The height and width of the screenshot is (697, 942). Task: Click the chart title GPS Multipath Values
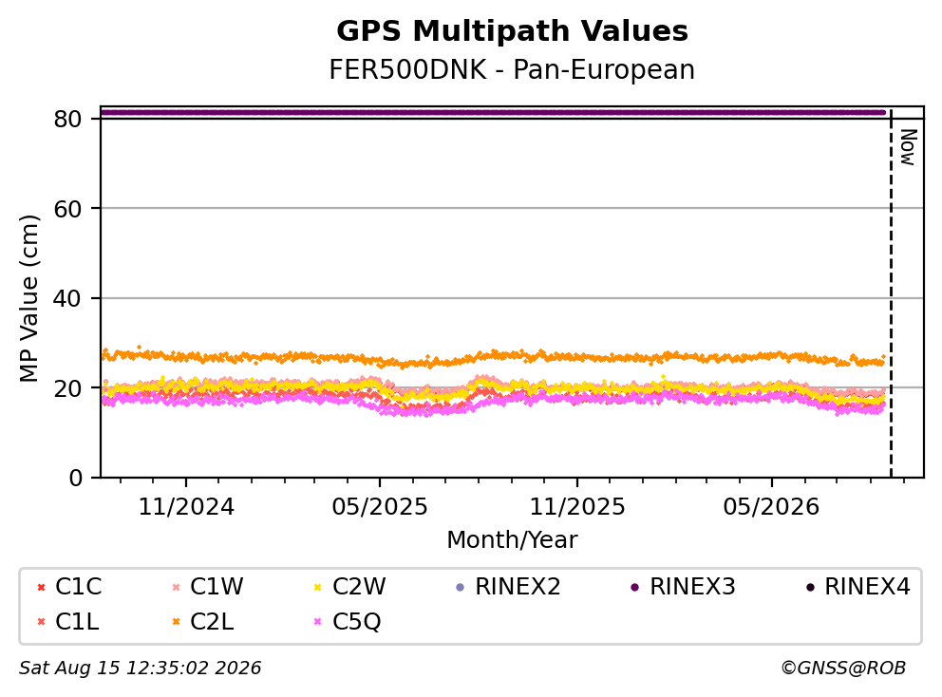click(x=512, y=31)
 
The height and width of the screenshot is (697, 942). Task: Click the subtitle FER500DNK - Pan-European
click(x=512, y=69)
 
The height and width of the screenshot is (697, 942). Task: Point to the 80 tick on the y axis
click(x=67, y=119)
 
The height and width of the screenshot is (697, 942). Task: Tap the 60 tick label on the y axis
click(x=67, y=209)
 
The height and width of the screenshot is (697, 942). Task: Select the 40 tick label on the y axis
click(x=67, y=298)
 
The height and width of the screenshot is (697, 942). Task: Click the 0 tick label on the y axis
click(x=76, y=478)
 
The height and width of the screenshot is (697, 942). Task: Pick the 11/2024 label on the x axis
click(x=186, y=507)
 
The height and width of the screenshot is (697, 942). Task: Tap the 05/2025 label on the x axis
click(x=380, y=507)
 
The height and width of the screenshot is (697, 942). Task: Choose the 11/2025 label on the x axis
click(x=577, y=507)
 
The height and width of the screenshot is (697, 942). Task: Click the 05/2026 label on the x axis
click(x=771, y=507)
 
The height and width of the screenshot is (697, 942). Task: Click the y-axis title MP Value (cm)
click(x=28, y=298)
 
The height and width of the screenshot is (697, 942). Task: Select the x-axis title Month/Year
click(x=512, y=540)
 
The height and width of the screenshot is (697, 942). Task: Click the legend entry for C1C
click(x=69, y=587)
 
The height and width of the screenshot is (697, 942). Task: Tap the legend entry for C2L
click(x=203, y=621)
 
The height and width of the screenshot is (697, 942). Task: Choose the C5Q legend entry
click(x=348, y=621)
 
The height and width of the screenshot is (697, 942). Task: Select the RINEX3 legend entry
click(x=683, y=587)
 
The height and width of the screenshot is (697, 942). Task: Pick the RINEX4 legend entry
click(x=857, y=587)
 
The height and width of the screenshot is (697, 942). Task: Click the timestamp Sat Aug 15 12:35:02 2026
click(x=141, y=669)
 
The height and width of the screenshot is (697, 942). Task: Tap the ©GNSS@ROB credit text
click(x=843, y=669)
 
